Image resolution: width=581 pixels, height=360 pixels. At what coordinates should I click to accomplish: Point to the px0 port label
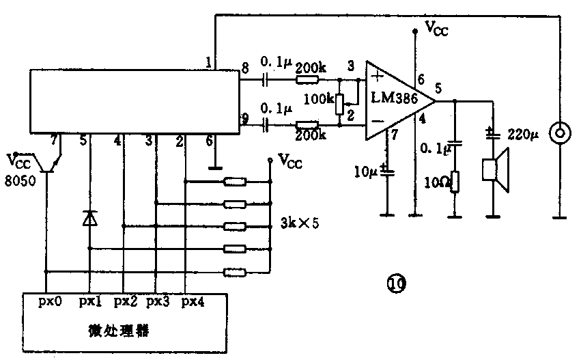click(x=49, y=301)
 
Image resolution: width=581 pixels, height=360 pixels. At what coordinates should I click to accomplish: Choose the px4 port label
click(x=193, y=301)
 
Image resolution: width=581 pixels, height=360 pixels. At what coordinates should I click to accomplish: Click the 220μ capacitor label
click(x=525, y=134)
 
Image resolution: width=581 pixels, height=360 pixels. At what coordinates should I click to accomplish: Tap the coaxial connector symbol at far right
click(x=560, y=133)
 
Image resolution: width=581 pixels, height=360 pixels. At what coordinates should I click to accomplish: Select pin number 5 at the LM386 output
click(x=438, y=87)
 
